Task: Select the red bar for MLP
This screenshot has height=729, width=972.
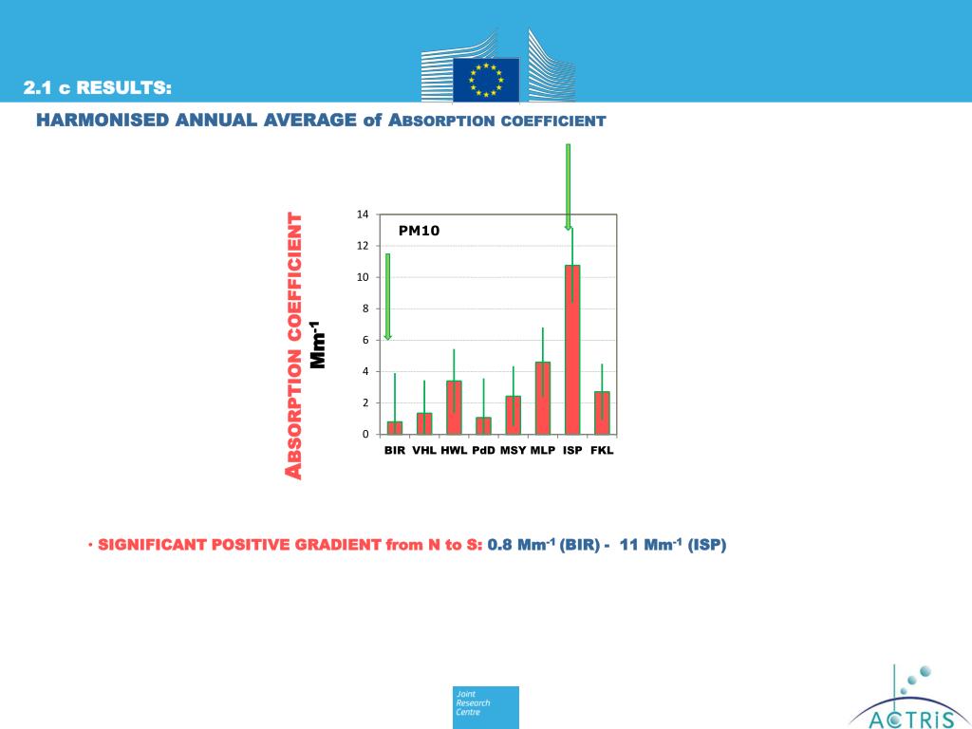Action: click(543, 398)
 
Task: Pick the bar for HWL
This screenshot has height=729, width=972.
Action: click(454, 407)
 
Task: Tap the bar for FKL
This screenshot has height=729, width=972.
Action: click(602, 413)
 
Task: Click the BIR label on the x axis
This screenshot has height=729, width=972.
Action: click(395, 450)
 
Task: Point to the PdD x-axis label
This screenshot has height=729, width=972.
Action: click(483, 450)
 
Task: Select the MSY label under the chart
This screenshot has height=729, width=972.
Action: click(513, 450)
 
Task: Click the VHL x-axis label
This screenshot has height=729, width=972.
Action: click(424, 450)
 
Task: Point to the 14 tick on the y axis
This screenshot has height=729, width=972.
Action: click(363, 215)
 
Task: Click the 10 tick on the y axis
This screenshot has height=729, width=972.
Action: click(363, 277)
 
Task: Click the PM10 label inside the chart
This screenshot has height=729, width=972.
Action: click(419, 231)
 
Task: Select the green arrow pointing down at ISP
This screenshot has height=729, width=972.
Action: click(568, 186)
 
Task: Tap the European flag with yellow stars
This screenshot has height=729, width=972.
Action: click(486, 79)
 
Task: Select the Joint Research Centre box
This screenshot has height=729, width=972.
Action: click(486, 707)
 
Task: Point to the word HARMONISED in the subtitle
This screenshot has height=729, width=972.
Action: click(103, 121)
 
